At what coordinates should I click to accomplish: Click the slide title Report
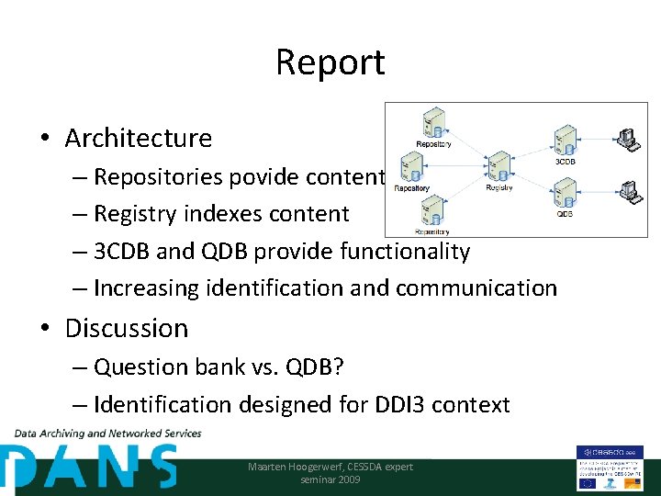[x=330, y=62]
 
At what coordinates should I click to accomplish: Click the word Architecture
[x=138, y=138]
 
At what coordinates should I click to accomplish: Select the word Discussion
[x=126, y=328]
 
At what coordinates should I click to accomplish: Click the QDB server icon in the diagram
[x=565, y=192]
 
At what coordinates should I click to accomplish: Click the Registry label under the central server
[x=499, y=187]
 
